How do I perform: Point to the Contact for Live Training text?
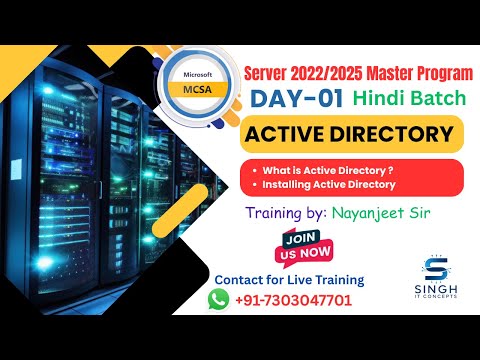(290, 279)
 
